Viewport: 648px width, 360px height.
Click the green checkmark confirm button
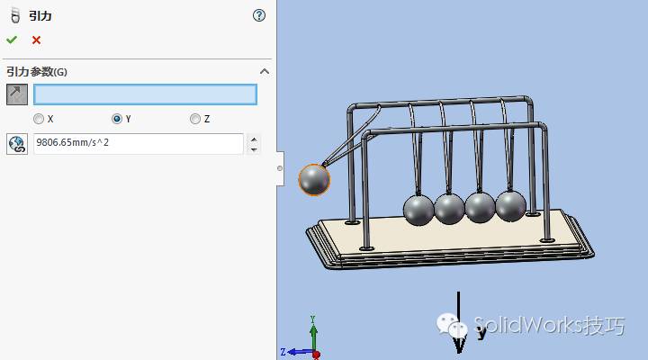tap(12, 40)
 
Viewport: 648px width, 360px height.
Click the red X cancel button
tap(36, 40)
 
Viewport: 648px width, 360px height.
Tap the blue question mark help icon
tap(259, 15)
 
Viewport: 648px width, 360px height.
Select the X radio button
tap(39, 119)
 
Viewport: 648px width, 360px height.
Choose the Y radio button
tap(116, 119)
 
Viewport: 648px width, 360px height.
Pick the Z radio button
tap(194, 119)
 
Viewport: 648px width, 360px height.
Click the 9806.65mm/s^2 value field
tap(139, 143)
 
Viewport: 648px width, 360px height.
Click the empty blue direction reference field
tap(145, 94)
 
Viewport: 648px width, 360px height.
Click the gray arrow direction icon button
tap(17, 94)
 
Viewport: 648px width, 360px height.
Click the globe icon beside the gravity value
tap(17, 144)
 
